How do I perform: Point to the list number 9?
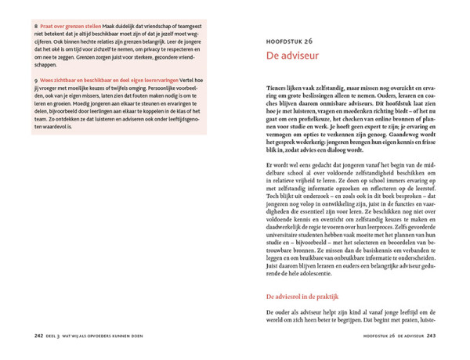[x=36, y=81]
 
